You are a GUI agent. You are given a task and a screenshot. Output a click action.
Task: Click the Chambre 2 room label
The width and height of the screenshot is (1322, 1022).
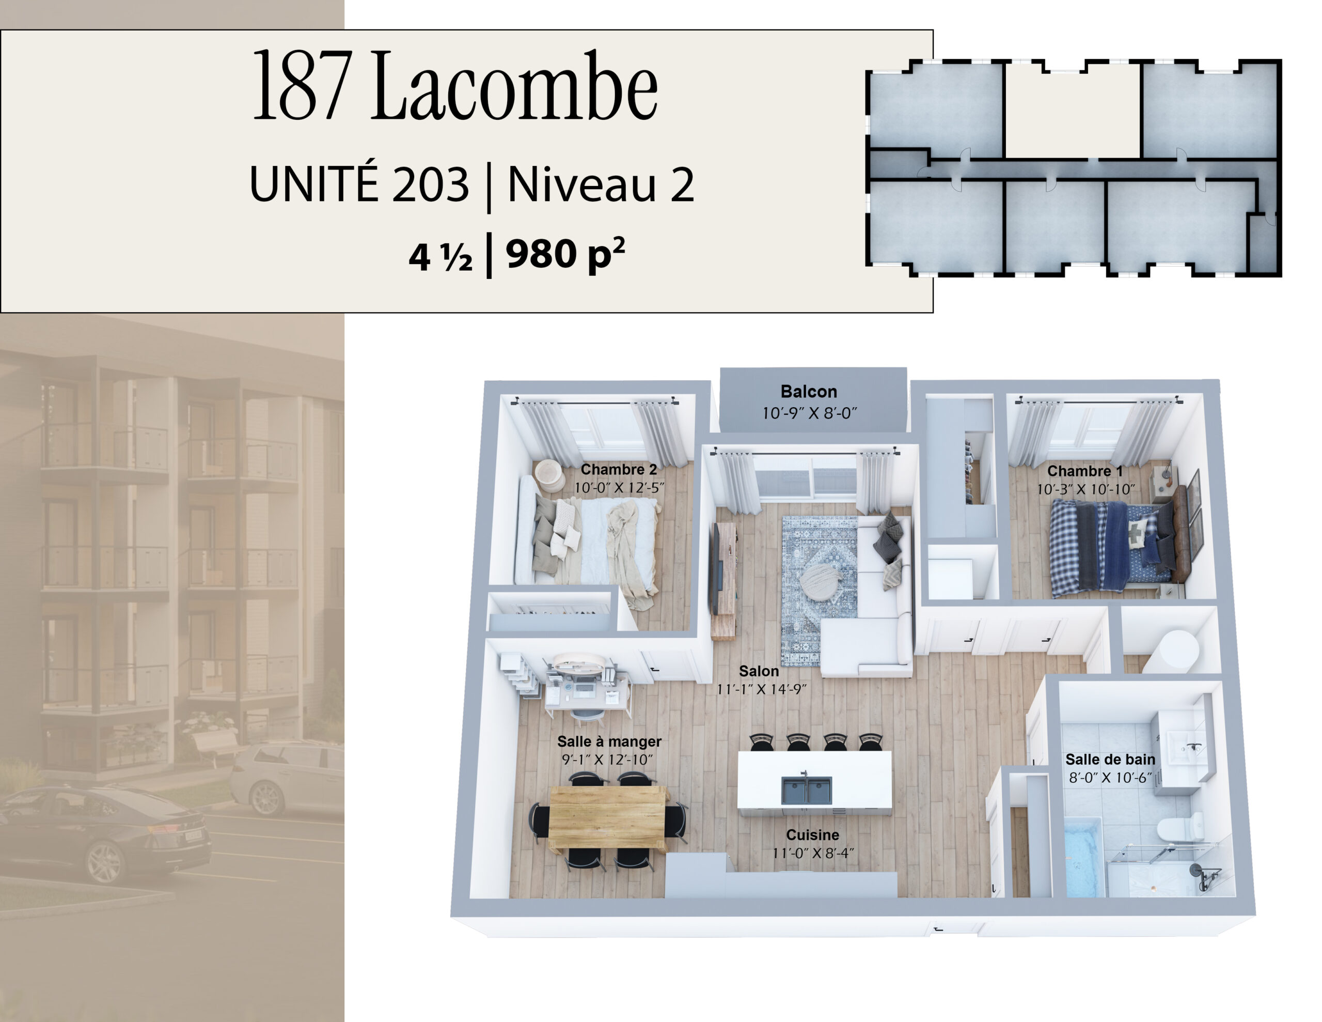619,469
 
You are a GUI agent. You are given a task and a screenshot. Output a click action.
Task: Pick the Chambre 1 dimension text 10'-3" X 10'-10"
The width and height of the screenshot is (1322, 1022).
1085,489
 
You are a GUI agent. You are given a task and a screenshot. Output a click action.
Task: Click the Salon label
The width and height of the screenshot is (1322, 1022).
759,671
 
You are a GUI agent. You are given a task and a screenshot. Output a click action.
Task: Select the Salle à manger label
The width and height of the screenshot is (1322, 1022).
609,741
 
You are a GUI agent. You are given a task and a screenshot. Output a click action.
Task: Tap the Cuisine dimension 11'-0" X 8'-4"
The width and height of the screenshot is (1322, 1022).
812,853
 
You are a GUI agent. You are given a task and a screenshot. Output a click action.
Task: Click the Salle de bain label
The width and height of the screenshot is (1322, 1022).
1110,759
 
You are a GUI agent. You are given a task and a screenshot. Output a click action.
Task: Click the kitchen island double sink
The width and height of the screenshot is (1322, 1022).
806,791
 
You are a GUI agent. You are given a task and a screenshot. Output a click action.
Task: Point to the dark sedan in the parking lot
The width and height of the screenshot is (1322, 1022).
103,832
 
